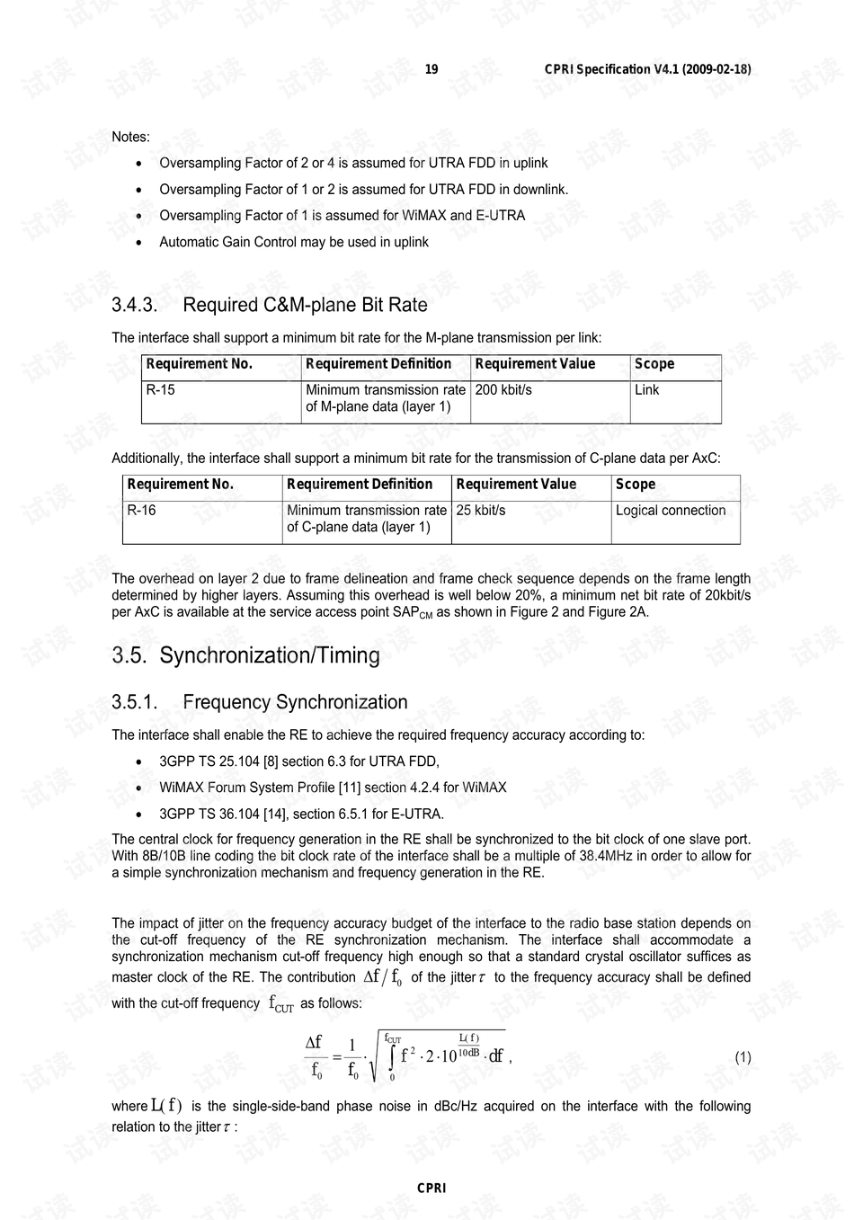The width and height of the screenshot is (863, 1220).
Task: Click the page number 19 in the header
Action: [431, 69]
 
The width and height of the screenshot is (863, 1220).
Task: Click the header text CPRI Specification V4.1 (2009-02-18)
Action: [647, 69]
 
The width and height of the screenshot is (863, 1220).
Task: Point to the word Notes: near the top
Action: [130, 137]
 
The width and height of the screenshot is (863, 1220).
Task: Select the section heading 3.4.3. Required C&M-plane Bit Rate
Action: [270, 305]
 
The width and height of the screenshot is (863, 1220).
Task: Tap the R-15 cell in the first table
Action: [161, 390]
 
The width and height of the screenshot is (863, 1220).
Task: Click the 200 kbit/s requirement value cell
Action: [503, 390]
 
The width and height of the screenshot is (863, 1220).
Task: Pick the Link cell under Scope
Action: [646, 390]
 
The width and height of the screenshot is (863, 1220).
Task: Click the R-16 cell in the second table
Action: [141, 511]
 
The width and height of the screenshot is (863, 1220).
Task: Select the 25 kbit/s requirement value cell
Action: [481, 511]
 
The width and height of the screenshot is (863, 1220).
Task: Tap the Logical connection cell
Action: [671, 511]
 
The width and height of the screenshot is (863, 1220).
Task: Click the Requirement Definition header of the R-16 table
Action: [360, 485]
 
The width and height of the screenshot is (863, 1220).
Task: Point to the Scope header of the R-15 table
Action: [654, 364]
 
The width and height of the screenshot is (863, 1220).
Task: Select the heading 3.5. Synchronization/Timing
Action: [245, 655]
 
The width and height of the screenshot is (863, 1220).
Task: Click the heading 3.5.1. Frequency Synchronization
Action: [260, 702]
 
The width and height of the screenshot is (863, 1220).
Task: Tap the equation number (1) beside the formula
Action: [743, 1057]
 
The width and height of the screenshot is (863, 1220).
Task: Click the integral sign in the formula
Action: [392, 1058]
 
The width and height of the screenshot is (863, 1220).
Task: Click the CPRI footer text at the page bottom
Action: [431, 1189]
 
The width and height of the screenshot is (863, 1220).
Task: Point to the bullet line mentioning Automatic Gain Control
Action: [294, 242]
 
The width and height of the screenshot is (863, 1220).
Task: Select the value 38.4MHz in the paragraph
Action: [606, 856]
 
